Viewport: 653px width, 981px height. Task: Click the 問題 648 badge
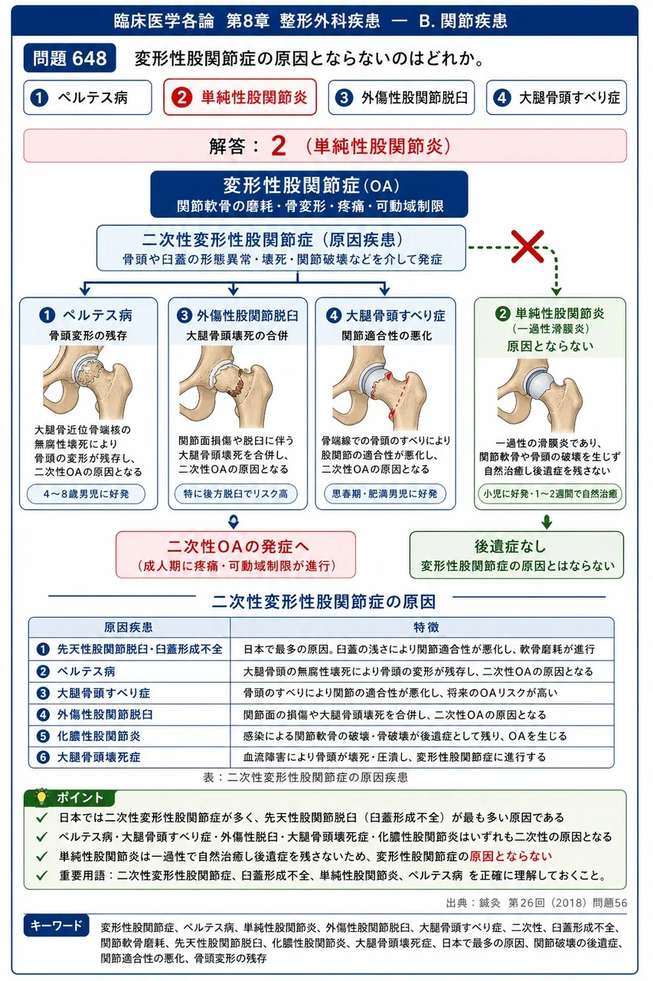click(70, 57)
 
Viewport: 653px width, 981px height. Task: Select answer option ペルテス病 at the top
click(87, 97)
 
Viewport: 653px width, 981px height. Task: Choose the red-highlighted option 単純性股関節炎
click(240, 97)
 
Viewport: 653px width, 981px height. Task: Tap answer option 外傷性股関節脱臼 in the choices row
click(401, 97)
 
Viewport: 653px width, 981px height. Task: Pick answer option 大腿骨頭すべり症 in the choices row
click(556, 97)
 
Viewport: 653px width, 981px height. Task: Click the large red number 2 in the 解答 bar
click(279, 146)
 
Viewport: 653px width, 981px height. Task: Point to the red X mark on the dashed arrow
click(528, 246)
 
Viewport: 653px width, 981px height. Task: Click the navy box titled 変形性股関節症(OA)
click(309, 194)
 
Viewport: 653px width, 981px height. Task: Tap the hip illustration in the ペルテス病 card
click(87, 382)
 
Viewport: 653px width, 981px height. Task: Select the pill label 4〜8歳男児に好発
click(87, 494)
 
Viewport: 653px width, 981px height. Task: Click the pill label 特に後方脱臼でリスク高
click(236, 494)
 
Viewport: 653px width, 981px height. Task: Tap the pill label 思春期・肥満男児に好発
click(384, 494)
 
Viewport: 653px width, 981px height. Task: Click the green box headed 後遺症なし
click(517, 555)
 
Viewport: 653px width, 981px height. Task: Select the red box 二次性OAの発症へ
click(236, 555)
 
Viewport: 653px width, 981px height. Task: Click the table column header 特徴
click(426, 627)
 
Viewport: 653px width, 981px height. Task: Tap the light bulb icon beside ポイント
click(41, 797)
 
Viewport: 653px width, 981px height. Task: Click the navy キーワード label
click(57, 925)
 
